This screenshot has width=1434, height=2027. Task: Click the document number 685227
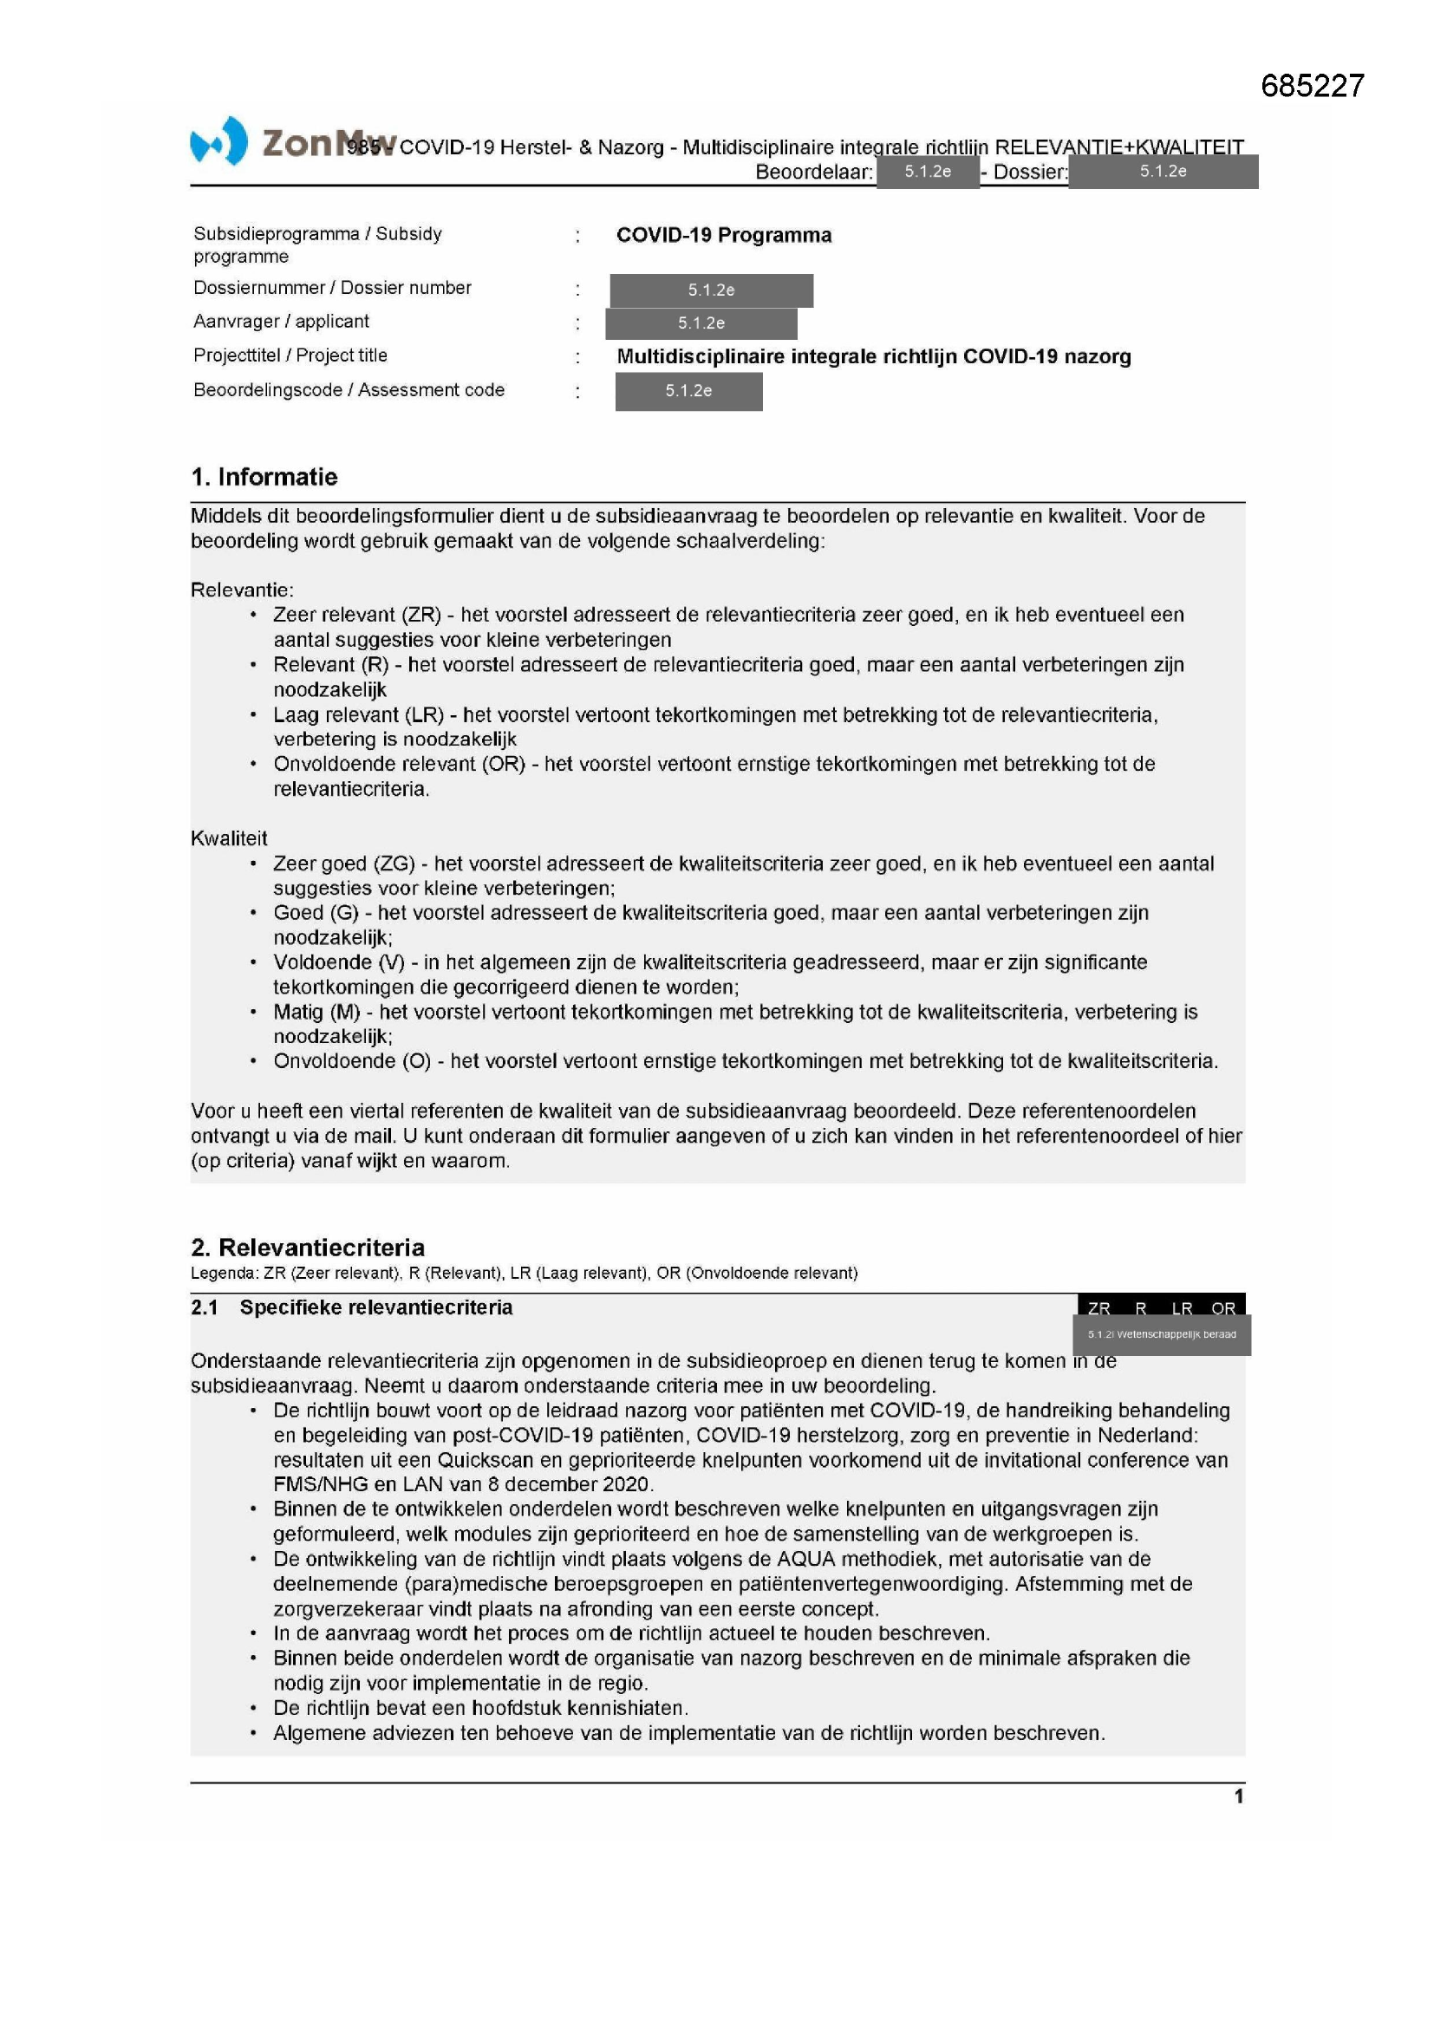pos(1312,86)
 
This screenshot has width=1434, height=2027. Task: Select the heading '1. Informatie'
pos(264,477)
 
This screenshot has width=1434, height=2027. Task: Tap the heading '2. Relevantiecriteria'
pos(307,1247)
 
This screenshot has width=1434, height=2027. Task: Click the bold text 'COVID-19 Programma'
pos(723,235)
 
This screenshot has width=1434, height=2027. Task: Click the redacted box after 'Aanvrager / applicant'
pos(701,323)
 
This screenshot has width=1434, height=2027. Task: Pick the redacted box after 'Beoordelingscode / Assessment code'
pos(688,391)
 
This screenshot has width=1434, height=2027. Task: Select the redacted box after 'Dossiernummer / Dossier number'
pos(711,290)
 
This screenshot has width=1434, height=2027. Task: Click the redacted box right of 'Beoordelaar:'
pos(927,172)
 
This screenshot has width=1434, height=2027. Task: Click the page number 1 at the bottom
pos(1238,1796)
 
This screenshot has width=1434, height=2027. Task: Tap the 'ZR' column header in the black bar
pos(1098,1308)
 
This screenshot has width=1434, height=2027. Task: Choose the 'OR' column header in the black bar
pos(1223,1308)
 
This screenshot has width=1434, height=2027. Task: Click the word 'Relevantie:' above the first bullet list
pos(242,590)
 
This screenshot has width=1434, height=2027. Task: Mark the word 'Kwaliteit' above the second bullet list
pos(229,838)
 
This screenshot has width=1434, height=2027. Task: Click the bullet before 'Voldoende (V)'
pos(253,962)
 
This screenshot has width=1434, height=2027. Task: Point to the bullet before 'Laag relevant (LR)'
pos(253,715)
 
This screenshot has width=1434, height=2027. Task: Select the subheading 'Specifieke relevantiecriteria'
pos(375,1307)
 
